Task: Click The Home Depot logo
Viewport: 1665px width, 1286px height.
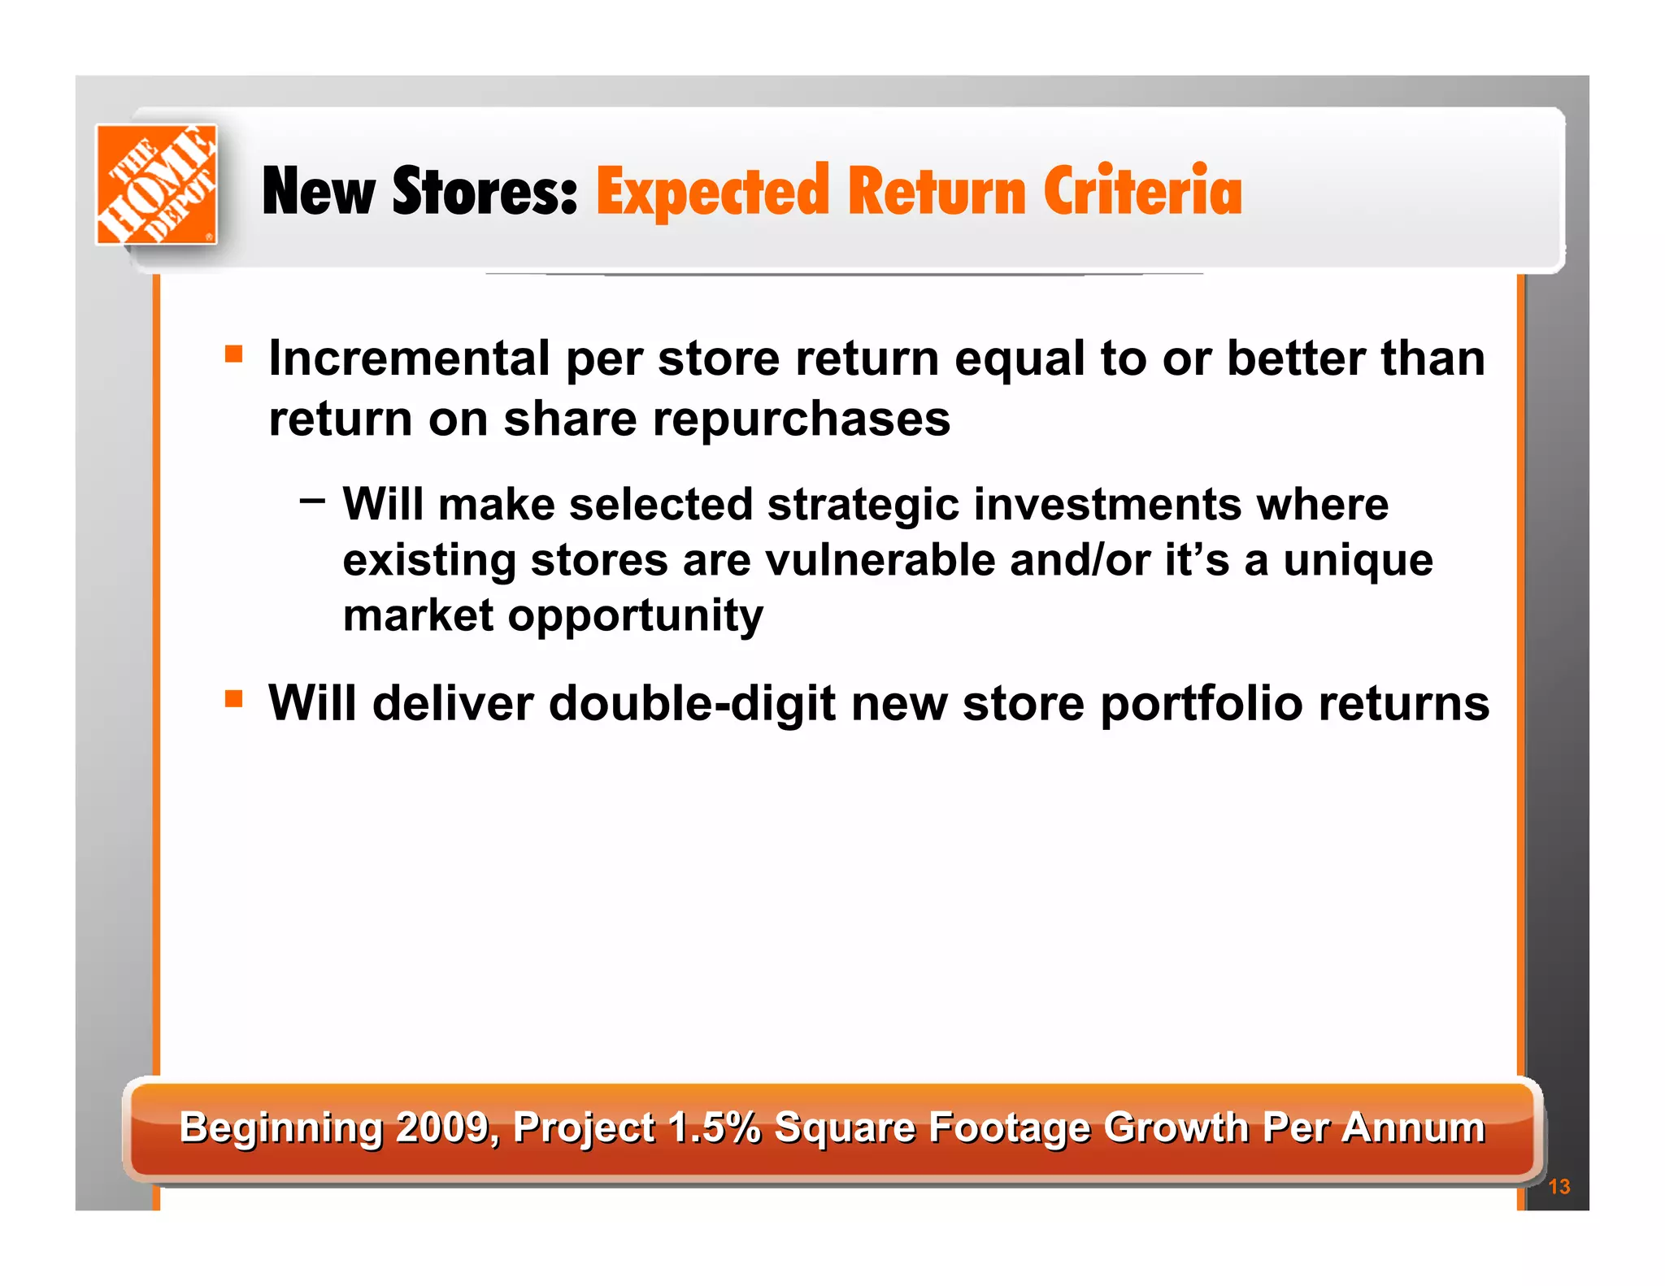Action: (156, 184)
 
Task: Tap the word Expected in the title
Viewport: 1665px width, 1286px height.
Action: (712, 193)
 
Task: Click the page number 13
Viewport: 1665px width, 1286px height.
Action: (1558, 1186)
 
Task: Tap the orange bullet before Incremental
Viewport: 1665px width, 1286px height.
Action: (234, 354)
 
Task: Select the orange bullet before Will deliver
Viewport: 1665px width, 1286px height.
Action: (234, 698)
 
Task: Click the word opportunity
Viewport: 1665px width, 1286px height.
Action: (635, 616)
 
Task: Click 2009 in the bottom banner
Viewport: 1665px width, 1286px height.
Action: (443, 1127)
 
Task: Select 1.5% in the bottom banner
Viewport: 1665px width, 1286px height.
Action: (714, 1127)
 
